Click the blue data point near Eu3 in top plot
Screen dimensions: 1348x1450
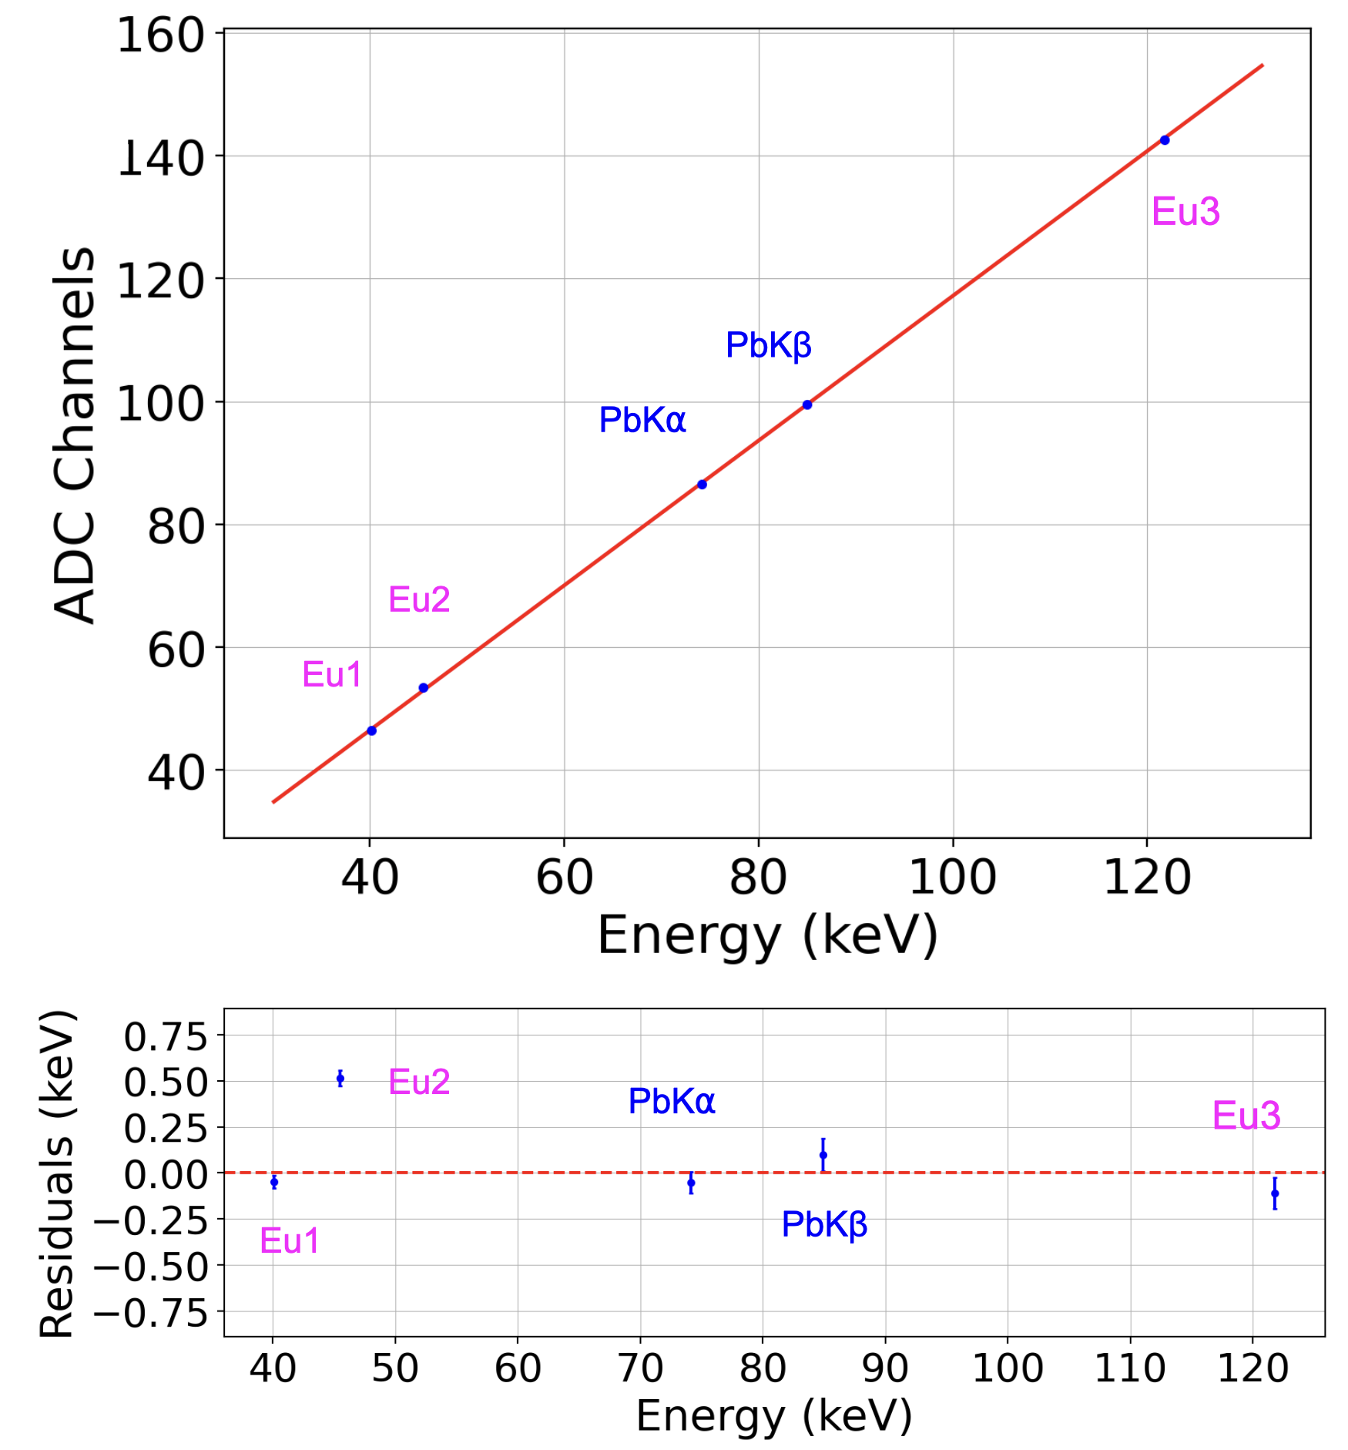(x=1165, y=140)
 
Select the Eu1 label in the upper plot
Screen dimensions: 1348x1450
(x=332, y=675)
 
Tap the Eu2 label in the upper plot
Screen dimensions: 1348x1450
(x=419, y=599)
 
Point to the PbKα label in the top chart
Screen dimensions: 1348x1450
(x=642, y=420)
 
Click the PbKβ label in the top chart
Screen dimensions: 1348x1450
(x=769, y=346)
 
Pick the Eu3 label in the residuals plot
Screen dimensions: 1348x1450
(x=1246, y=1116)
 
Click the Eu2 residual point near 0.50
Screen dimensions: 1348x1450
(x=340, y=1079)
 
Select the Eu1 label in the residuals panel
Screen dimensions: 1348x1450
(x=290, y=1241)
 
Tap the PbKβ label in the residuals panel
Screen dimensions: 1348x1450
(x=824, y=1225)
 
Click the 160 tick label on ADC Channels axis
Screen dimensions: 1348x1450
(x=160, y=36)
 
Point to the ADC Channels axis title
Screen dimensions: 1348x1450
(x=75, y=435)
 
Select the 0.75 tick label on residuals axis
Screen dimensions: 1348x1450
(x=166, y=1037)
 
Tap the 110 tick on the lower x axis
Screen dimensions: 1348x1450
(x=1130, y=1369)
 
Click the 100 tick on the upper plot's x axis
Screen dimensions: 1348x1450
(x=953, y=878)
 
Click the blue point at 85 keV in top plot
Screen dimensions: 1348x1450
(x=807, y=405)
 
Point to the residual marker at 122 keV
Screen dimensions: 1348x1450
(x=1275, y=1193)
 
